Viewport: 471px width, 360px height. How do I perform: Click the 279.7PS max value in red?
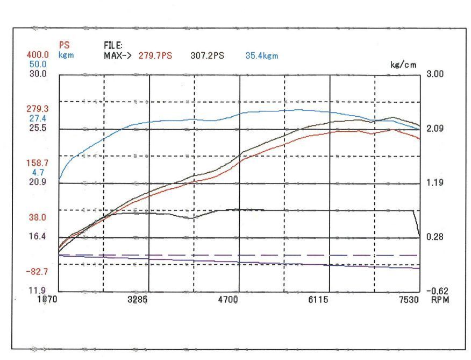point(155,55)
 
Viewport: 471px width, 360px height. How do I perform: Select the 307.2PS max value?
point(207,55)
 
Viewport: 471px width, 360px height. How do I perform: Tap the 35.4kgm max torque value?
point(262,55)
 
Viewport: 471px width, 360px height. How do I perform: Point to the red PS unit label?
point(63,46)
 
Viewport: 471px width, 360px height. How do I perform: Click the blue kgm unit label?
point(66,55)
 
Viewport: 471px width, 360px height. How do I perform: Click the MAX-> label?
point(118,55)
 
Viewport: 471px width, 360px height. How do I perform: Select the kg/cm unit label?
point(403,64)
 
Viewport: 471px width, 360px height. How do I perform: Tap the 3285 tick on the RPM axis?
point(138,299)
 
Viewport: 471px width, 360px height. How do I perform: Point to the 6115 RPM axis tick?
point(318,299)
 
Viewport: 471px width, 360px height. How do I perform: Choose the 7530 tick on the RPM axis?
point(409,299)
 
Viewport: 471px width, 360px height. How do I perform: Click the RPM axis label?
point(439,299)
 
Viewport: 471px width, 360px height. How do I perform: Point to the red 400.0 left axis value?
point(23,55)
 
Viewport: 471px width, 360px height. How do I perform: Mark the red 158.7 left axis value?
point(23,162)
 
